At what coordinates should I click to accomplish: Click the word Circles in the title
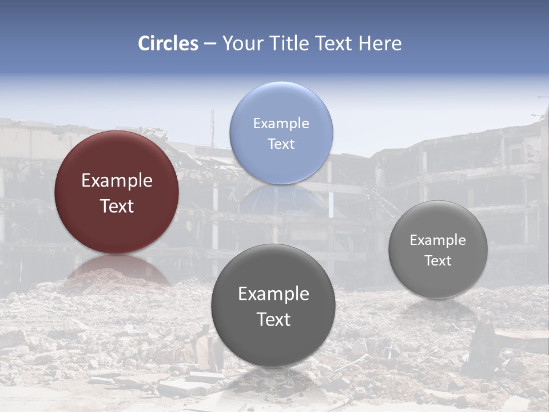(168, 43)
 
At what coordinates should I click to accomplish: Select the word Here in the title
(380, 43)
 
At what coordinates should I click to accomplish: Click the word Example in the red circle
(117, 181)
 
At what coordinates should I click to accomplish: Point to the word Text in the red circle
(117, 206)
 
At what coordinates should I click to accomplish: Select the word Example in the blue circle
(281, 124)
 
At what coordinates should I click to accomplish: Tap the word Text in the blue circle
(281, 144)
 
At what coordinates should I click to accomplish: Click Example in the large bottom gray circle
(273, 294)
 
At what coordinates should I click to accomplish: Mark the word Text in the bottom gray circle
(273, 319)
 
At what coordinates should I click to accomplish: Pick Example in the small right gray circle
(438, 240)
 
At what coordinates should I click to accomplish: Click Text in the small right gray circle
(438, 261)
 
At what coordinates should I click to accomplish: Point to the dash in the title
(210, 44)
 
